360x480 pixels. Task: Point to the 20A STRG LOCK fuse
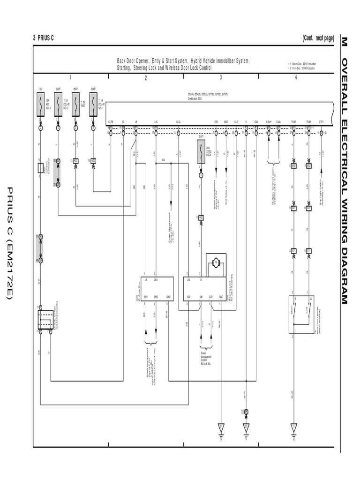pos(201,151)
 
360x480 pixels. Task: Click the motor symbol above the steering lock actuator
pos(217,263)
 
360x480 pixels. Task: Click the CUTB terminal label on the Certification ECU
pos(110,121)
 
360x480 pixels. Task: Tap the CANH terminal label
pos(269,121)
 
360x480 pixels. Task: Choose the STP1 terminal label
pos(321,121)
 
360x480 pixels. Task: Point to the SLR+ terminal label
pos(178,121)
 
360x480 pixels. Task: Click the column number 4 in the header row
pos(296,78)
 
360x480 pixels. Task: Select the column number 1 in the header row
pos(70,78)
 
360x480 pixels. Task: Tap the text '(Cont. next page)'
pos(318,38)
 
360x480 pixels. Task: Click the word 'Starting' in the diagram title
pos(126,68)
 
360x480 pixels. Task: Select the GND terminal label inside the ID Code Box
pos(168,297)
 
